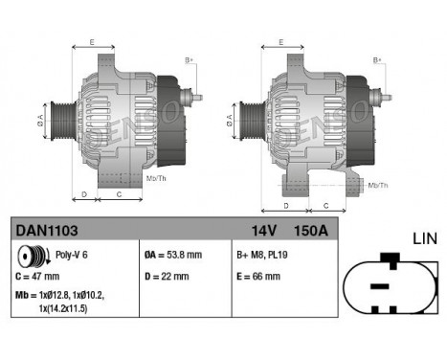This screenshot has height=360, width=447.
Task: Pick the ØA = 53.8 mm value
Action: click(171, 255)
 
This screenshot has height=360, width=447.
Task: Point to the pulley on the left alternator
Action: click(57, 121)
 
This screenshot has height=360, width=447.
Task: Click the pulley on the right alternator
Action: click(245, 121)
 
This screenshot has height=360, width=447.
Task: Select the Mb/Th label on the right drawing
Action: click(379, 184)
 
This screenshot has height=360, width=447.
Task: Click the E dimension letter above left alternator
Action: click(92, 42)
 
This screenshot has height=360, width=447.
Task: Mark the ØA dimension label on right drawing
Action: click(228, 121)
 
